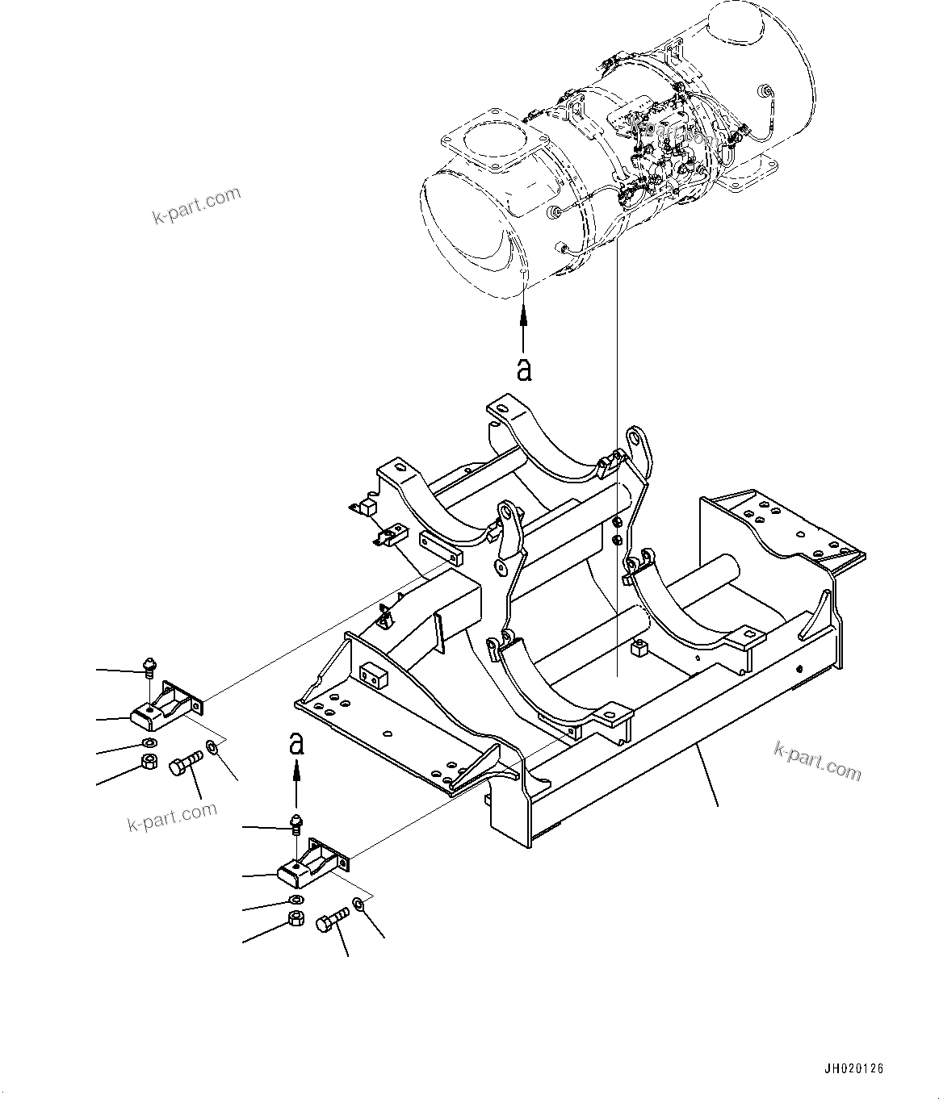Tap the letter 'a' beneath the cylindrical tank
coord(525,370)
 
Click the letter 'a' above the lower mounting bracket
coord(297,743)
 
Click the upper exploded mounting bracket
coord(166,704)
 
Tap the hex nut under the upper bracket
coord(149,762)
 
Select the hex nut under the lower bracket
coord(296,918)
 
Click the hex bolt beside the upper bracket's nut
coord(187,763)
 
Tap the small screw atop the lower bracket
coord(297,823)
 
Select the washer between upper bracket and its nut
coord(149,742)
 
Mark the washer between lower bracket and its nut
coord(296,900)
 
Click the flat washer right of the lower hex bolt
coord(358,905)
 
